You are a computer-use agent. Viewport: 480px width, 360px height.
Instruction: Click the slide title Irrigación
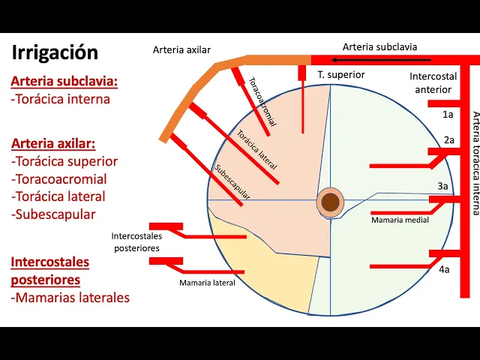point(55,52)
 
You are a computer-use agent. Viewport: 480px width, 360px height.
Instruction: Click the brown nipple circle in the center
point(331,202)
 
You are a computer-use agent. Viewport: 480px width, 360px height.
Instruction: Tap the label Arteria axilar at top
point(182,50)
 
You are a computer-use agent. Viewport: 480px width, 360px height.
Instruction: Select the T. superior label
point(340,75)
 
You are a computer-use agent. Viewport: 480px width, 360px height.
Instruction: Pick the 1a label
point(448,114)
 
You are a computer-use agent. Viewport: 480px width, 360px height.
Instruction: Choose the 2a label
point(449,140)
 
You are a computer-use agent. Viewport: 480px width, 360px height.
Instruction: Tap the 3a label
point(443,185)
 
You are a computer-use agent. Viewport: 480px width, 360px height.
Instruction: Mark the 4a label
point(445,269)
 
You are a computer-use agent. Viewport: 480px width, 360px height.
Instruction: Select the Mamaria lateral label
point(207,283)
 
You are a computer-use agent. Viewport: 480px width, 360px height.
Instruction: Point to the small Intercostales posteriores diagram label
point(136,241)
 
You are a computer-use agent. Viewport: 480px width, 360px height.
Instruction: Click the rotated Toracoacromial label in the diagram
point(262,101)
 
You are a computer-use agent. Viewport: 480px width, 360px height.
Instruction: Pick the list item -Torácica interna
point(61,99)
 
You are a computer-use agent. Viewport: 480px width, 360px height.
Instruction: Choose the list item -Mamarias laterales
point(70,298)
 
